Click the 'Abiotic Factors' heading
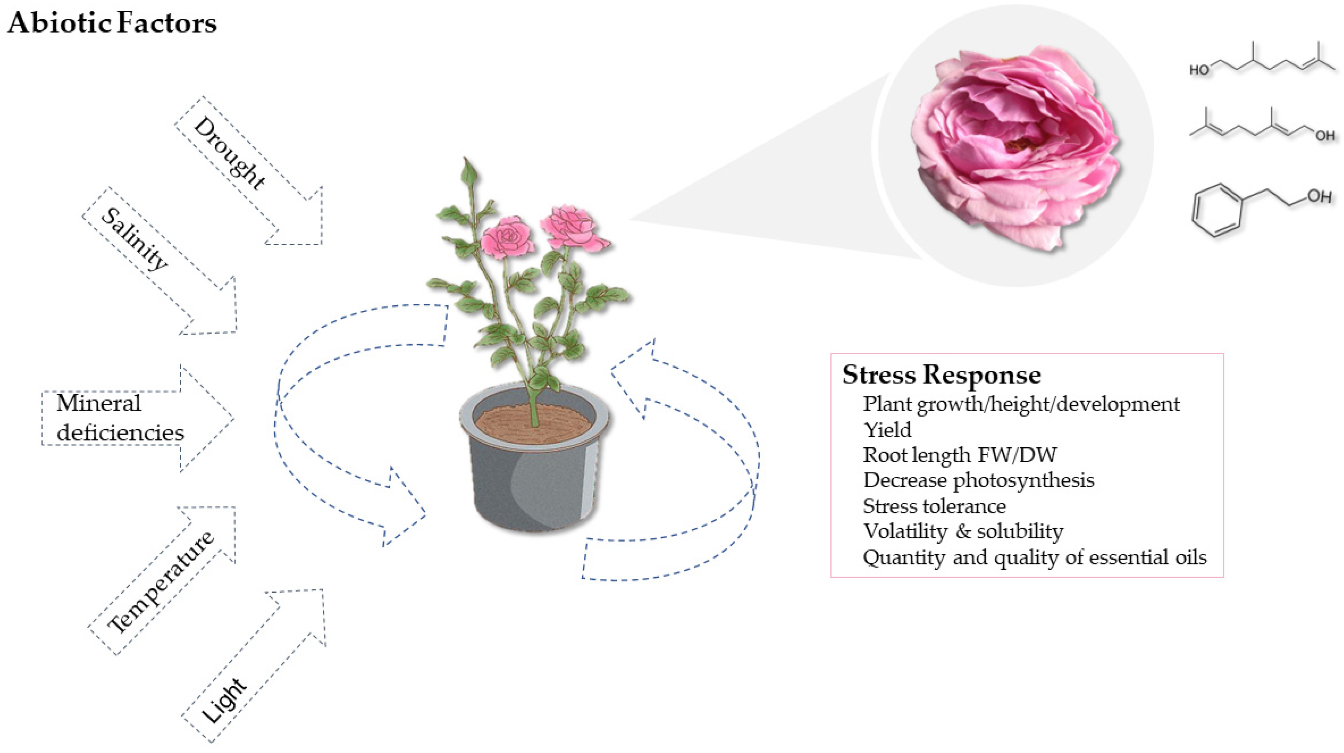112,23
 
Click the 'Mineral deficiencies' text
120,418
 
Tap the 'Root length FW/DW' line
959,455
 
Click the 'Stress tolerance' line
934,506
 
